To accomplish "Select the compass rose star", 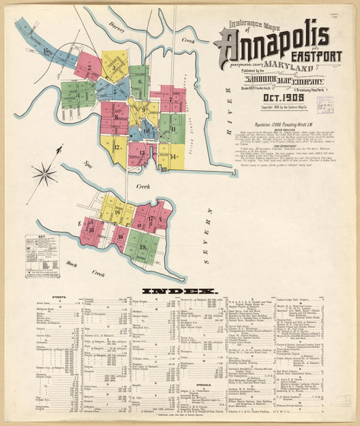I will (45, 174).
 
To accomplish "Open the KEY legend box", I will (42, 256).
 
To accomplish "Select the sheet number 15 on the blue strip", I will (46, 51).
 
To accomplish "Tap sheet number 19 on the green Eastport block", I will (143, 246).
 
